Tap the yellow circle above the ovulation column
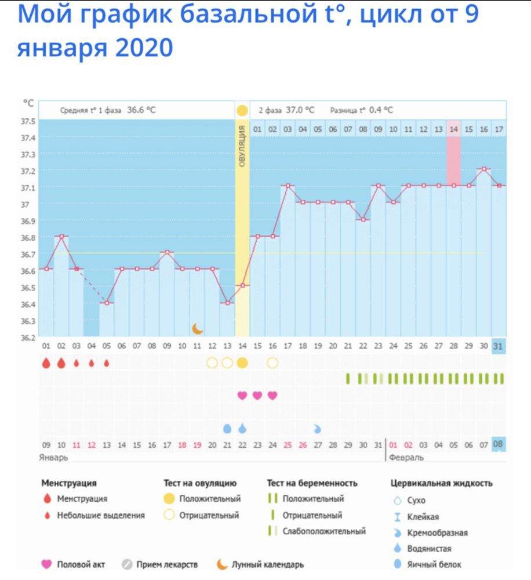click(x=242, y=110)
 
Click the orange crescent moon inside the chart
click(x=198, y=328)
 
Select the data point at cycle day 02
click(x=61, y=236)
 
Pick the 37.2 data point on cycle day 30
click(x=483, y=169)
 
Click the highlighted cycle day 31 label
click(x=498, y=346)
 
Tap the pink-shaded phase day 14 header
click(x=453, y=129)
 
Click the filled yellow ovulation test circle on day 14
click(x=242, y=363)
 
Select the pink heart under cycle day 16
click(x=272, y=396)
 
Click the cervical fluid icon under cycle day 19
click(x=317, y=429)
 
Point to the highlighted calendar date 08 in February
click(x=498, y=445)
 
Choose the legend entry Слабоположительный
click(x=323, y=531)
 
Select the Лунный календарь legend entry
click(x=267, y=564)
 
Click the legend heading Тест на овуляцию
click(x=201, y=483)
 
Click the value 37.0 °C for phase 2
click(x=302, y=110)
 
